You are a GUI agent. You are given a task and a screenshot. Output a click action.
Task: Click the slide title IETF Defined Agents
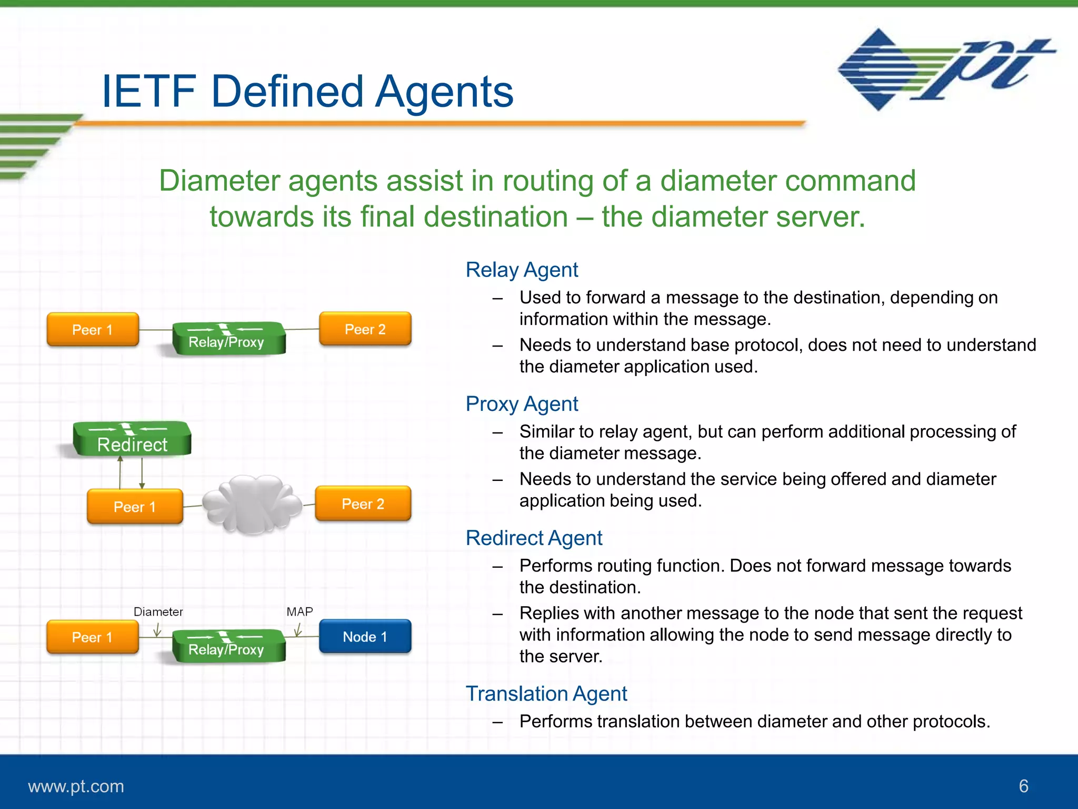pos(307,91)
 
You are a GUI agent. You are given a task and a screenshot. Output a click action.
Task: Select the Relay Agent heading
pos(522,270)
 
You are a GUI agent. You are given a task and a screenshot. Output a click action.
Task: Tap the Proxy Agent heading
pos(522,404)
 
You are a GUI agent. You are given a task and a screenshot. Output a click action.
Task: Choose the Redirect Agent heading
pos(534,538)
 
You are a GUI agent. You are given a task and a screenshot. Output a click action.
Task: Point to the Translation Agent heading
pos(546,694)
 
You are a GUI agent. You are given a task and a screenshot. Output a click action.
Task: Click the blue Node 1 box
pos(365,636)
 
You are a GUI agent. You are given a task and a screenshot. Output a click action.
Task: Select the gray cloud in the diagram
pos(252,505)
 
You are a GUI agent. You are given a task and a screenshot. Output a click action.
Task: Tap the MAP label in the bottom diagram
pos(300,611)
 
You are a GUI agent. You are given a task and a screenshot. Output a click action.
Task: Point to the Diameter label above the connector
pos(158,611)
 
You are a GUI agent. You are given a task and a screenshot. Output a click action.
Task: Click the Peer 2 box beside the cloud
pos(363,504)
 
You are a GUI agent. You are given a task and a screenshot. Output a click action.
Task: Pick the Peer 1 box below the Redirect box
pos(135,507)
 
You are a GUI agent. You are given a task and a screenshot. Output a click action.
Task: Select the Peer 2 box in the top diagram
pos(365,329)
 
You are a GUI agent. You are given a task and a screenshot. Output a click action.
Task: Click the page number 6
pos(1023,786)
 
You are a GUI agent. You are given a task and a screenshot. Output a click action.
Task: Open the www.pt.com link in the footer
pos(76,786)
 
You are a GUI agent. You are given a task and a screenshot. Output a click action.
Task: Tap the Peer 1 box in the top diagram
pos(93,330)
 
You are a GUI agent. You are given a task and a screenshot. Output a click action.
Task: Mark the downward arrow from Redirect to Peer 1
pos(142,473)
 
